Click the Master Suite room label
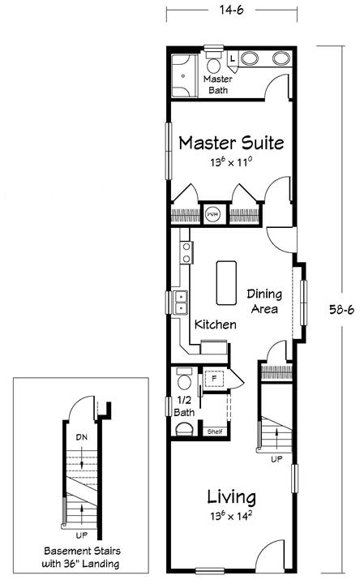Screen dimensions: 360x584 point(231,143)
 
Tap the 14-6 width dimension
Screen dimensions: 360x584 point(232,10)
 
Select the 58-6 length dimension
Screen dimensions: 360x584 point(342,310)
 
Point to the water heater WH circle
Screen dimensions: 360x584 point(213,214)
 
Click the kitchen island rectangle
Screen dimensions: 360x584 point(226,283)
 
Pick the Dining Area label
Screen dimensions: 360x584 point(264,301)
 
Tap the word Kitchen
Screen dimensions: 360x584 point(216,324)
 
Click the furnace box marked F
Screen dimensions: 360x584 point(214,379)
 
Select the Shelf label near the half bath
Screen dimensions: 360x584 point(215,432)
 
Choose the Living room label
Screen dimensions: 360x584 point(232,497)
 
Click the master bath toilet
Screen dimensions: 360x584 point(213,63)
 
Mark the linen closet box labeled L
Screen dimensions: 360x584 point(233,58)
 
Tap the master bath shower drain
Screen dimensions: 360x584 point(183,76)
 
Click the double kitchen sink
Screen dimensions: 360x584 point(181,303)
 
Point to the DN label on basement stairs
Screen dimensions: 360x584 point(82,437)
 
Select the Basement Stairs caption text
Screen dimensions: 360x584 point(82,557)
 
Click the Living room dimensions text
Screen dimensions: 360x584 point(231,516)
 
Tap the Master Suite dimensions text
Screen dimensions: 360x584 point(231,162)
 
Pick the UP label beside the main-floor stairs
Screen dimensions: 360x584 point(276,459)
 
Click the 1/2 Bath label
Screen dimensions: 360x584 point(184,406)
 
